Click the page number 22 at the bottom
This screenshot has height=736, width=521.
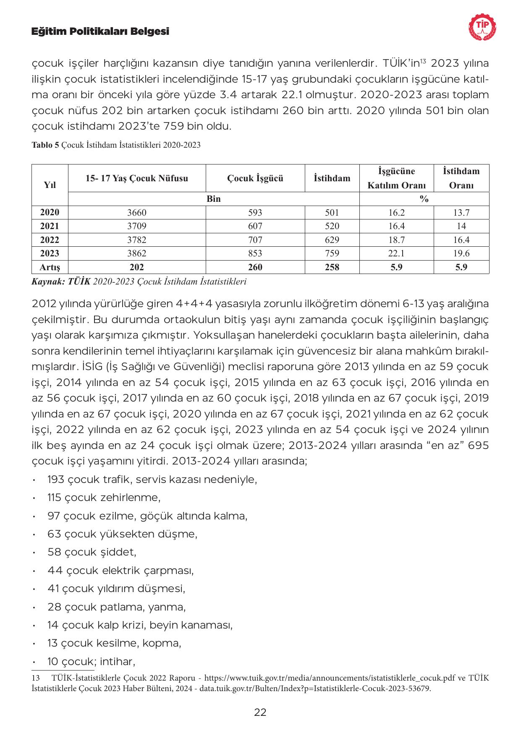260,712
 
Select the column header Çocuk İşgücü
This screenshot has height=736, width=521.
255,178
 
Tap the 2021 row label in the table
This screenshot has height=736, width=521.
50,226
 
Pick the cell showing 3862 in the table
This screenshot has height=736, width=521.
137,253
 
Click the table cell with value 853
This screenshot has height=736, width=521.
255,253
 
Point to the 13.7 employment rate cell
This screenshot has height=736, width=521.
461,213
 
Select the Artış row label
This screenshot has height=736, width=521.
50,267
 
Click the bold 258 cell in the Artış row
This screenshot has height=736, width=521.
332,267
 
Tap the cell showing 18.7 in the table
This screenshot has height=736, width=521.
396,240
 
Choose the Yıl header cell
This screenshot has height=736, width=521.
50,185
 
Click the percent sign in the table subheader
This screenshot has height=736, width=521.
424,199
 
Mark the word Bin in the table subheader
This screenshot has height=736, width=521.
214,199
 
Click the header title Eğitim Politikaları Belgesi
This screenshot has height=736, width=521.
100,31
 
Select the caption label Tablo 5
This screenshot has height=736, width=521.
45,146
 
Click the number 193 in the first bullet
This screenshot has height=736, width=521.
56,479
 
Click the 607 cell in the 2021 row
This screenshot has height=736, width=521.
255,226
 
